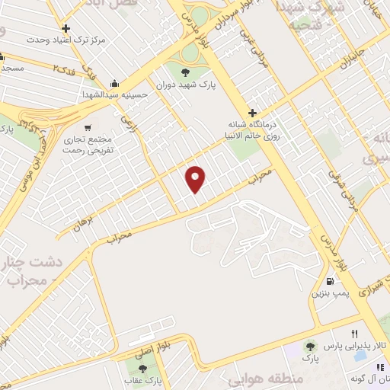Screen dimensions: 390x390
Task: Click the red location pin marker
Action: (x=197, y=177)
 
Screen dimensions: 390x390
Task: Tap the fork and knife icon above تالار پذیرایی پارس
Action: (x=354, y=334)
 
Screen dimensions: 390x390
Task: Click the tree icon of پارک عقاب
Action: (x=142, y=369)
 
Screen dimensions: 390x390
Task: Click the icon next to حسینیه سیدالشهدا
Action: (x=114, y=83)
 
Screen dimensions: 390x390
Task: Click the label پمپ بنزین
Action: (x=329, y=292)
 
